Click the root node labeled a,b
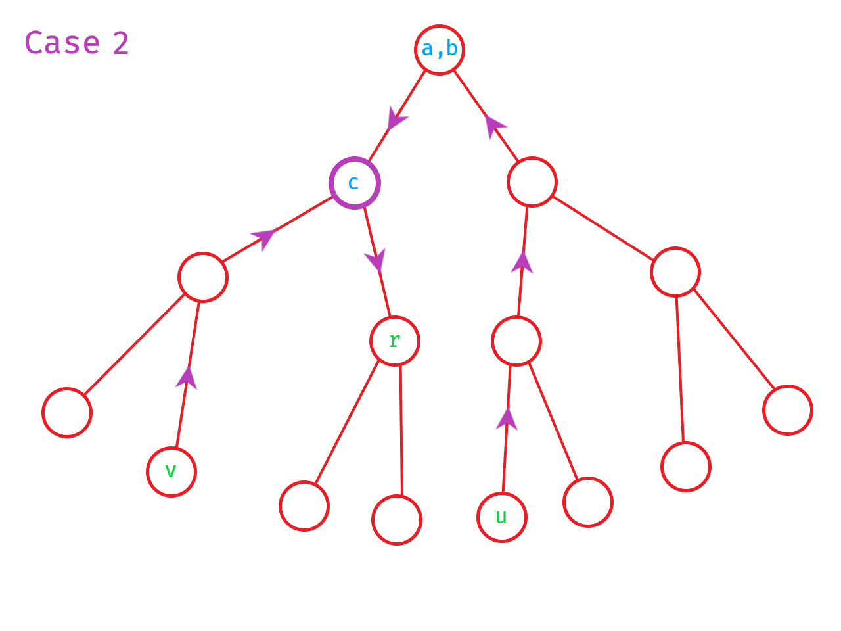pyautogui.click(x=439, y=49)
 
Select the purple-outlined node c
pyautogui.click(x=354, y=183)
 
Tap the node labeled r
pyautogui.click(x=394, y=340)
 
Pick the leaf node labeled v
pyautogui.click(x=171, y=471)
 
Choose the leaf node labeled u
pyautogui.click(x=501, y=517)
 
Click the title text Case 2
pyautogui.click(x=76, y=43)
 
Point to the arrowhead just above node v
pyautogui.click(x=187, y=378)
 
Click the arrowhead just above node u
pyautogui.click(x=507, y=419)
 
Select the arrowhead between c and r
pyautogui.click(x=376, y=260)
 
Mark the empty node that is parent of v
pyautogui.click(x=202, y=277)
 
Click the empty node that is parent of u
pyautogui.click(x=516, y=340)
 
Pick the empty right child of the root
pyautogui.click(x=532, y=181)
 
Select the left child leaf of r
pyautogui.click(x=304, y=505)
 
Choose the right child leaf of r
pyautogui.click(x=396, y=519)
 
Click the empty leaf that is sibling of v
pyautogui.click(x=66, y=412)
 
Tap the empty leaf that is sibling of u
pyautogui.click(x=587, y=502)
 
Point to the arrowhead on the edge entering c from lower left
pyautogui.click(x=263, y=237)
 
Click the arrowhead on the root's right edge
pyautogui.click(x=494, y=126)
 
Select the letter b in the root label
pyautogui.click(x=452, y=49)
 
